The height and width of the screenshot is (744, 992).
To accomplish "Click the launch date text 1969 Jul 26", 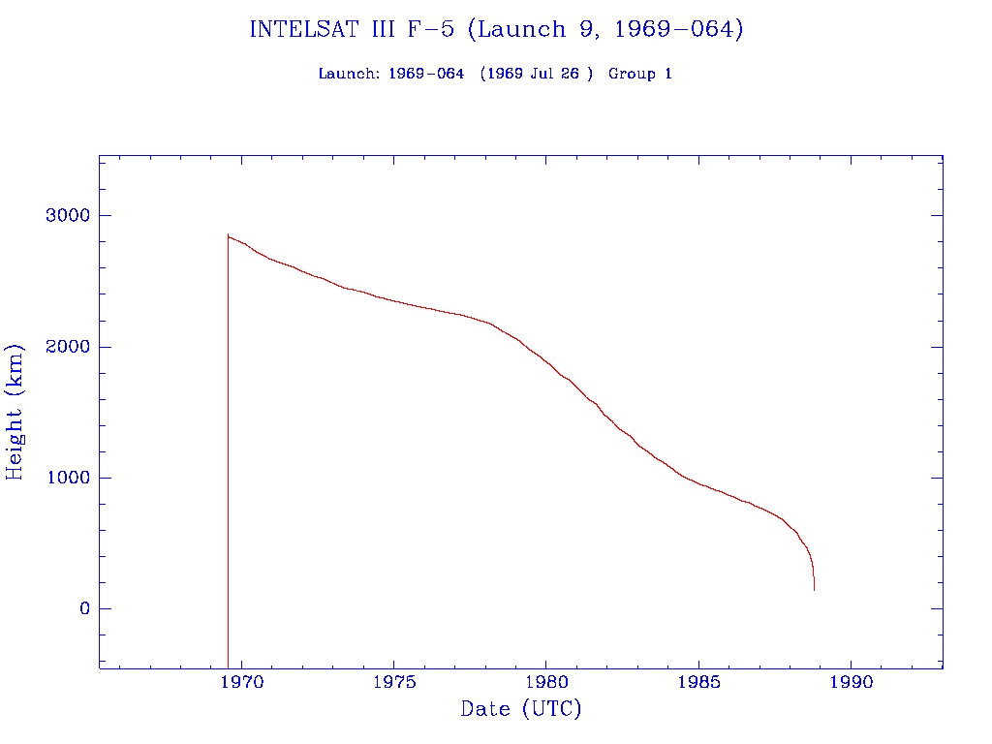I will coord(536,74).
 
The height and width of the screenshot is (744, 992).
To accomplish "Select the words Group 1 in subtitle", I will coord(639,74).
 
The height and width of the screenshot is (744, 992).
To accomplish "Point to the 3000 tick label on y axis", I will coord(67,215).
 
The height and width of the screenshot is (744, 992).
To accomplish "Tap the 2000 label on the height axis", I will coord(67,347).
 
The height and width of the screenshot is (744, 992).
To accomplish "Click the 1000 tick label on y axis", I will coord(67,478).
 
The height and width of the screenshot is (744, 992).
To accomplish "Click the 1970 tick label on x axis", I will coord(241,682).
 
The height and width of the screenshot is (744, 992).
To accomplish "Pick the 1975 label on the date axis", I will coord(393,682).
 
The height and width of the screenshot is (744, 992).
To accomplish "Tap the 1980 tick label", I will coord(546,682).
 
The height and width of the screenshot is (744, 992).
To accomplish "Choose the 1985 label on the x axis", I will coord(698,682).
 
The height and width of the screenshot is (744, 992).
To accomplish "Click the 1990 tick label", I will coord(851,682).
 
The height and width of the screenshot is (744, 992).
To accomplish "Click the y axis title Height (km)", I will coord(15,412).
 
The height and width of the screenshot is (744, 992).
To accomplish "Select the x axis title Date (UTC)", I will coord(521,710).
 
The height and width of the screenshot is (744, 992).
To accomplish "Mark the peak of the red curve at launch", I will coord(228,234).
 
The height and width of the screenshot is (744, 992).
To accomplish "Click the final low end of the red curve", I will coord(814,588).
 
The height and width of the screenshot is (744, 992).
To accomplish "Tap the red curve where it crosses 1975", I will coord(393,300).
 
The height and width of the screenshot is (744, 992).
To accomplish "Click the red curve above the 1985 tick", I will coord(698,483).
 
